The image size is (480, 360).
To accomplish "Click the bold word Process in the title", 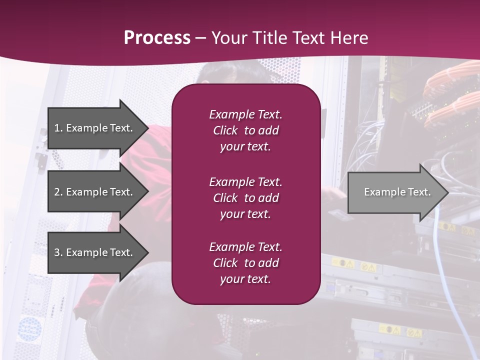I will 157,38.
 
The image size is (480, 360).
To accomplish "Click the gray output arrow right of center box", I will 395,192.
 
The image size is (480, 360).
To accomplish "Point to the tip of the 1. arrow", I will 147,128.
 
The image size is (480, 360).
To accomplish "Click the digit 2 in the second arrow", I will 57,192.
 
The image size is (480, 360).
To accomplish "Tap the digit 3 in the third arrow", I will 57,252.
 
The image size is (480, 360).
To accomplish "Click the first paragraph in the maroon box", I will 245,130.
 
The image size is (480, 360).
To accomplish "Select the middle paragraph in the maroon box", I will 245,198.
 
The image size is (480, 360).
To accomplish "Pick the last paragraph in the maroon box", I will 245,263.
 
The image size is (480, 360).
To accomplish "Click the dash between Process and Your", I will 200,38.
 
